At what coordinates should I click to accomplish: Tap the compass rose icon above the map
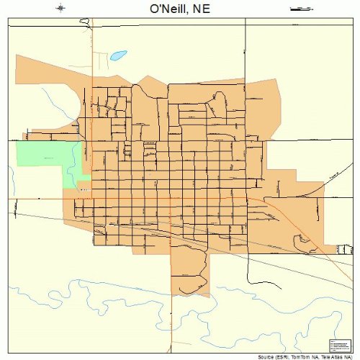pyautogui.click(x=61, y=8)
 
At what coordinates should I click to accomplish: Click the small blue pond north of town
pyautogui.click(x=118, y=55)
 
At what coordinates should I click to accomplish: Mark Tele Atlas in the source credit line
pyautogui.click(x=325, y=356)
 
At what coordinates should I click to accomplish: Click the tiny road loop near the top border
pyautogui.click(x=89, y=24)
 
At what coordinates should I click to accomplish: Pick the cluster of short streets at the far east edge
pyautogui.click(x=345, y=250)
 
